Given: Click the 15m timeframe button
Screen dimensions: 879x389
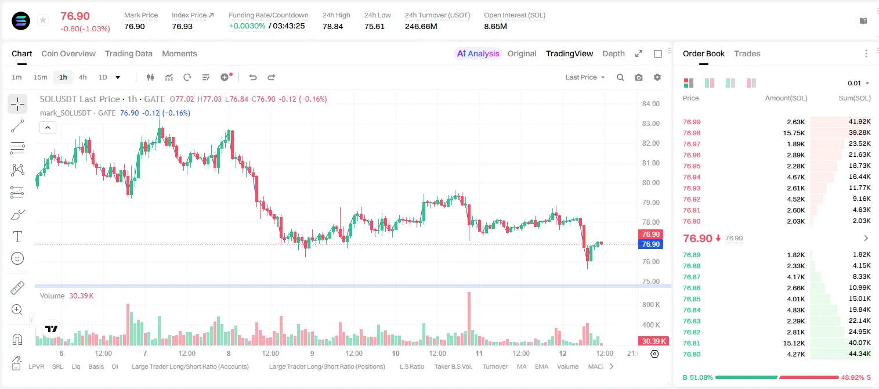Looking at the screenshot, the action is [x=41, y=77].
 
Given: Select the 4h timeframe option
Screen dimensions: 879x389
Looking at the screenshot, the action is [x=82, y=77].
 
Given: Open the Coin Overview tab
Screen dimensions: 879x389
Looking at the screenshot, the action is [x=68, y=53].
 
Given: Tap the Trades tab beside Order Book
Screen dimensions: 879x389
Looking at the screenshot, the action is [x=747, y=53].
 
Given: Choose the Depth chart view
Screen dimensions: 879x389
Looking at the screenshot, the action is [x=613, y=53].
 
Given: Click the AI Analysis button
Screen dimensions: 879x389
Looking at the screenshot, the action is [x=478, y=53].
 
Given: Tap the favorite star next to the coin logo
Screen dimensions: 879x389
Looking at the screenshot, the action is [x=43, y=20].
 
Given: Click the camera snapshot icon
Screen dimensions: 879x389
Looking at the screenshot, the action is [x=639, y=77].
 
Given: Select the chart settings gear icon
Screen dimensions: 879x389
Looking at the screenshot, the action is [x=657, y=77].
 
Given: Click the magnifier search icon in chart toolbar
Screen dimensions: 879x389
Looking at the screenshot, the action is [x=620, y=77].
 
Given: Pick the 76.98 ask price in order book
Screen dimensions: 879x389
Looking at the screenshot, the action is [x=692, y=133].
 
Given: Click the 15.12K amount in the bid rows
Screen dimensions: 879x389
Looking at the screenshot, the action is [x=794, y=343].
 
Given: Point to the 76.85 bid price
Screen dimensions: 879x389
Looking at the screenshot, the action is [x=692, y=299].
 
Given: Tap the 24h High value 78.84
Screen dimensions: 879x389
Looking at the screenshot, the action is [x=333, y=26].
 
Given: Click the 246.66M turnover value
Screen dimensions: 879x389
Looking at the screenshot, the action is [x=421, y=26].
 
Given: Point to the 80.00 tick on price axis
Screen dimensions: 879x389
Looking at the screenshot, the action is [x=651, y=182].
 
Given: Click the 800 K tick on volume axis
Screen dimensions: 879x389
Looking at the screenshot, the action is [x=651, y=305].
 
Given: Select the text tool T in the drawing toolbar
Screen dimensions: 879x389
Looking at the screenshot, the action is [x=17, y=236].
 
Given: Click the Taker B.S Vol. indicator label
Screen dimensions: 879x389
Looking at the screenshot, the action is [x=453, y=366].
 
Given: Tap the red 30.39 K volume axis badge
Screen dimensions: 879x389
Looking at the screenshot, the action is [x=654, y=341].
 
